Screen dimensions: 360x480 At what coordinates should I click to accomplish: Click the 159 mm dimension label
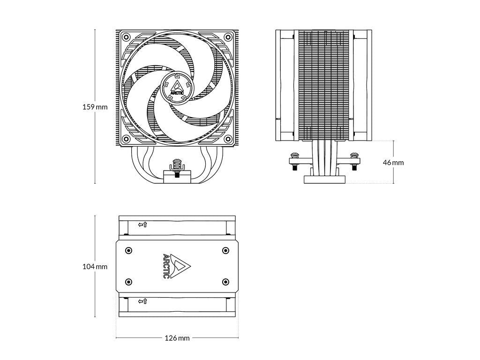95,107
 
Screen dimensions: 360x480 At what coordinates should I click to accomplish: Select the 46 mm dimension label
393,163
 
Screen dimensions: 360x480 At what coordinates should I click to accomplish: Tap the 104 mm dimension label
95,267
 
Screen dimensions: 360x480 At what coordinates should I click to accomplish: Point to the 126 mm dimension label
177,338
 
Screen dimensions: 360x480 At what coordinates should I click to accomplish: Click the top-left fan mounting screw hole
125,37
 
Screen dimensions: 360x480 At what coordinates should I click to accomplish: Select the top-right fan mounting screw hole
228,37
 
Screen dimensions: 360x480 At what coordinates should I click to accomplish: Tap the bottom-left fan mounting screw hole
125,139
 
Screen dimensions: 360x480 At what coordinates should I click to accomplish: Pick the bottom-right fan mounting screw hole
228,139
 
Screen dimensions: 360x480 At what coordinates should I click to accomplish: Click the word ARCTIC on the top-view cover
166,266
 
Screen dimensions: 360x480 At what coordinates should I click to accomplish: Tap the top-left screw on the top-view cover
129,250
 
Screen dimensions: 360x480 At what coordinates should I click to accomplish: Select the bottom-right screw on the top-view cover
225,282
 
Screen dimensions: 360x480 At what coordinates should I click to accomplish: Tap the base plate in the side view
324,179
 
